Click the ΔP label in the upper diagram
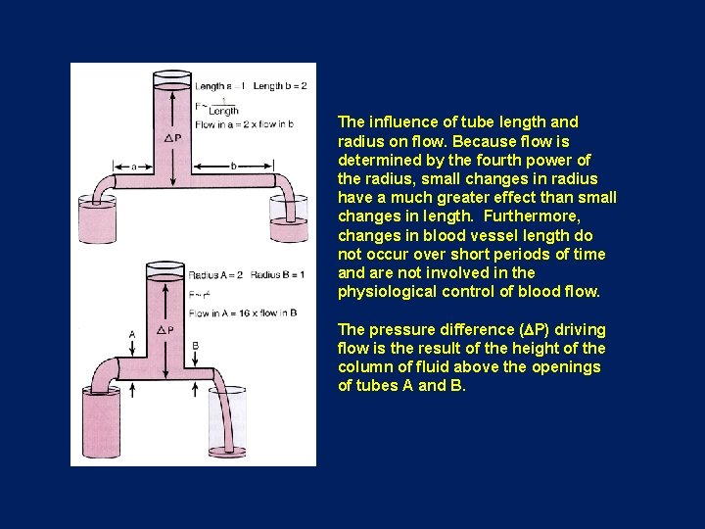[172, 138]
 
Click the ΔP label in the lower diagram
[166, 330]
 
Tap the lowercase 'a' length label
[134, 167]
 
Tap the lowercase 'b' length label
[234, 167]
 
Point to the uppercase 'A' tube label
[131, 335]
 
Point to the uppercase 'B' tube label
[196, 345]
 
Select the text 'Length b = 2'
[280, 86]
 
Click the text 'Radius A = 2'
[216, 275]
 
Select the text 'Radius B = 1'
[277, 275]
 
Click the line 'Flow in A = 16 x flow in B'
[243, 313]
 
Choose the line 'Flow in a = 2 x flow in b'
[244, 125]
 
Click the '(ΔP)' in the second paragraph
[537, 330]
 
